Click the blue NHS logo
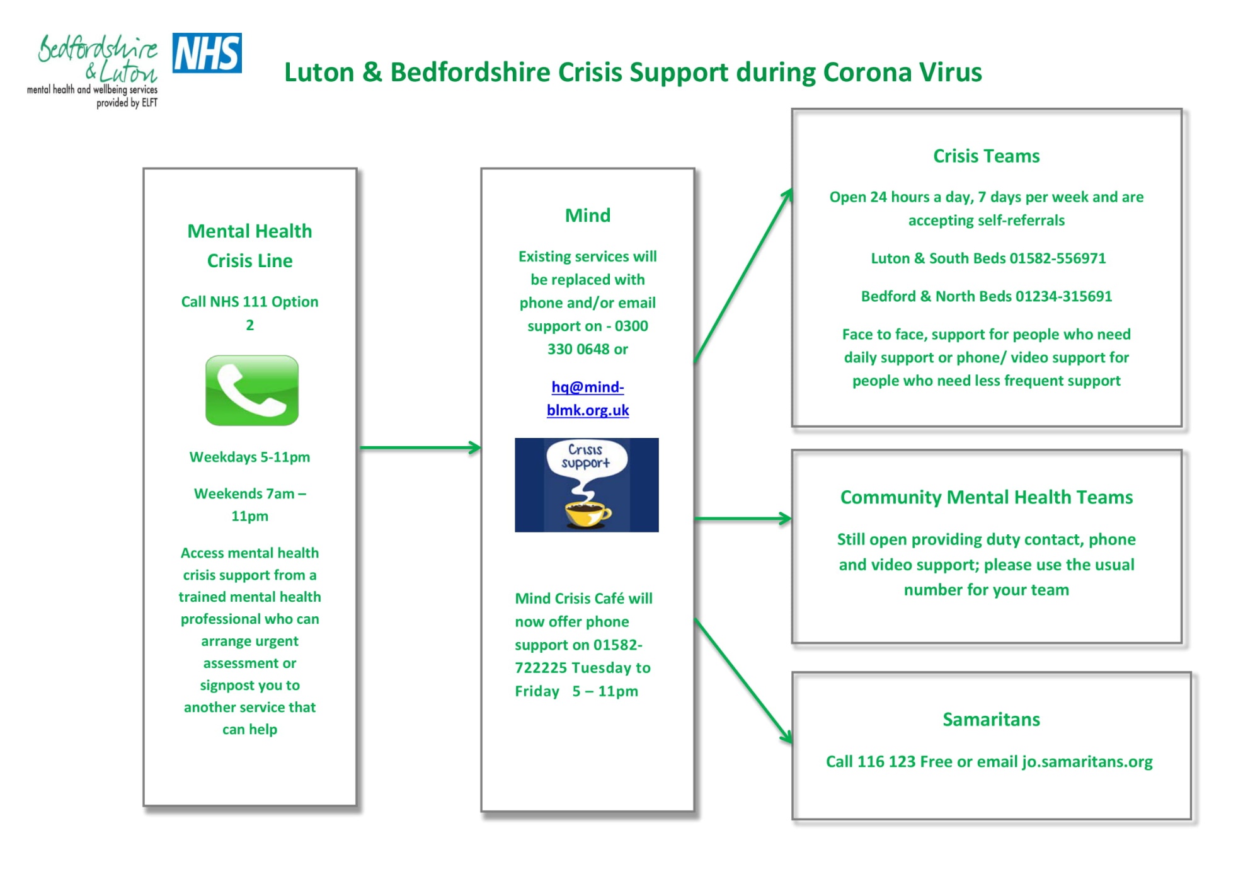click(207, 53)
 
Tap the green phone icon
click(252, 390)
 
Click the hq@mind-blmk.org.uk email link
click(588, 398)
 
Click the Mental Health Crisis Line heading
click(250, 246)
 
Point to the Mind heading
click(588, 216)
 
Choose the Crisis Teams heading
click(987, 156)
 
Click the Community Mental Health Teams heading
click(987, 497)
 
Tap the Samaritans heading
click(991, 720)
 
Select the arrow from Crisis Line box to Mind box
click(420, 448)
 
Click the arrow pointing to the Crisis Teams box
click(743, 275)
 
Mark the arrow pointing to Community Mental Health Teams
click(743, 519)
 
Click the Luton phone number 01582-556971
click(1058, 258)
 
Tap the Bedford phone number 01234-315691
click(1064, 296)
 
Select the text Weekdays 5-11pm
click(250, 457)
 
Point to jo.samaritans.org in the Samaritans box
click(1087, 762)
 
